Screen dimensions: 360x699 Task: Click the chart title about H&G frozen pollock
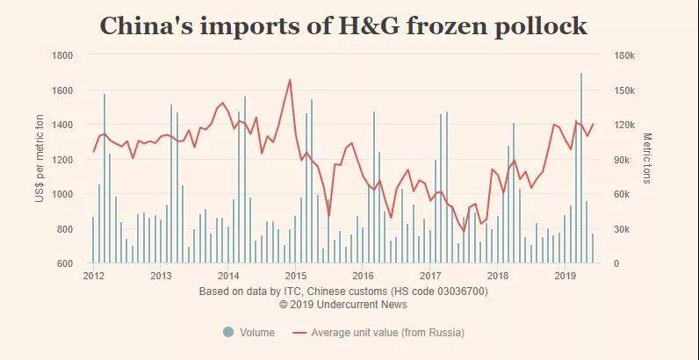343,26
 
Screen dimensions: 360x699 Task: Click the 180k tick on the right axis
623,55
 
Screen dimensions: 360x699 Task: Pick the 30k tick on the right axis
620,229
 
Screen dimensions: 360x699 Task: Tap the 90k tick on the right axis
620,160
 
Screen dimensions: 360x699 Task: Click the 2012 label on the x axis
93,276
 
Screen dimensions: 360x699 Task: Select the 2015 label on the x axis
295,276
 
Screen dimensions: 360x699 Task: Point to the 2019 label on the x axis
565,276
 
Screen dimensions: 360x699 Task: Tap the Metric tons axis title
647,159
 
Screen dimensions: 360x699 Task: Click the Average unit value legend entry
386,333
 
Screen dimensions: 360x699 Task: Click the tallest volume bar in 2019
581,167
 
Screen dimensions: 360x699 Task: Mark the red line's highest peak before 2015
290,80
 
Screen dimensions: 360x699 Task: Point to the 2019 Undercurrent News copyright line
343,304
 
